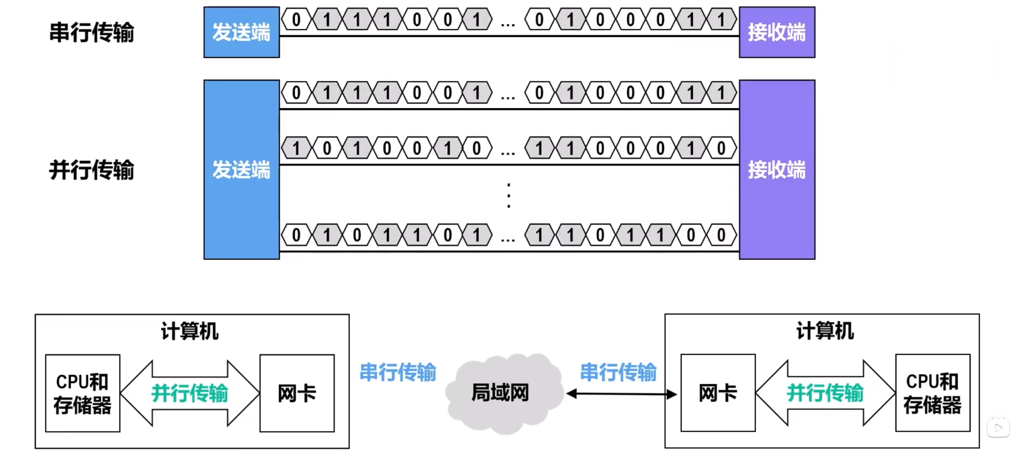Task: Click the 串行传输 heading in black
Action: pos(91,32)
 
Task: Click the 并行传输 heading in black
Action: pos(91,170)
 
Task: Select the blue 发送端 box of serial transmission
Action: pos(241,32)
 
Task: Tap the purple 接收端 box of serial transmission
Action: pos(776,32)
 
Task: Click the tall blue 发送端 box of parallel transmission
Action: pos(241,169)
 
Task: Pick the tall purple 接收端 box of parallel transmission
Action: pos(776,169)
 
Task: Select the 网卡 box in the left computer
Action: pos(297,393)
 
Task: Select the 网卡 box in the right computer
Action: pos(718,393)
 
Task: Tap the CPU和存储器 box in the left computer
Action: pos(83,393)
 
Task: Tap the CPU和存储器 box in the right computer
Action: pos(932,393)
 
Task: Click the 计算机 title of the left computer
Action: pos(189,331)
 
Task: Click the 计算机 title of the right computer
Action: pos(825,331)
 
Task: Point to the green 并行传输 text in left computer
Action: pos(189,393)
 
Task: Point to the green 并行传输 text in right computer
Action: pos(825,393)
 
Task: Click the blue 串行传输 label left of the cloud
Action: pos(398,372)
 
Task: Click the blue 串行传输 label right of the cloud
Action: pos(618,372)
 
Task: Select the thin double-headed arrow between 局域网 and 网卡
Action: pos(621,394)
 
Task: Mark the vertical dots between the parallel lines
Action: pos(509,196)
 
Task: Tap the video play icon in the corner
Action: pos(998,428)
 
